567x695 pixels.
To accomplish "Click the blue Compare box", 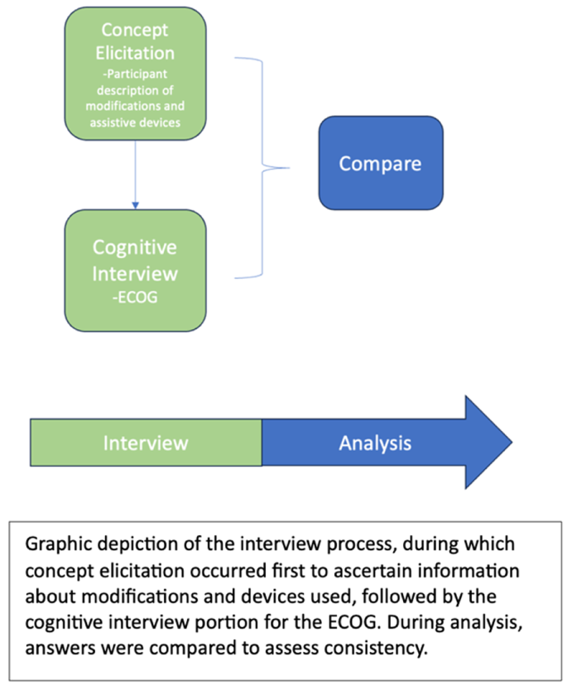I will click(380, 162).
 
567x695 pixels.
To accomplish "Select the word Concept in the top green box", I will click(135, 30).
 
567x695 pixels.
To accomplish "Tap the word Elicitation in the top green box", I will click(135, 54).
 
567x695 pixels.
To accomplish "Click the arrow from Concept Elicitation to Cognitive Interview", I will click(135, 174).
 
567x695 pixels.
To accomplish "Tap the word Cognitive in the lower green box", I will click(135, 247).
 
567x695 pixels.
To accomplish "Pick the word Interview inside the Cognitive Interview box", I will click(135, 271).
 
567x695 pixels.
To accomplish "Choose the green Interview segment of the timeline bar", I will click(146, 443).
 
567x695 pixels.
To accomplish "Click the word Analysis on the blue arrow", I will click(375, 443).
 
